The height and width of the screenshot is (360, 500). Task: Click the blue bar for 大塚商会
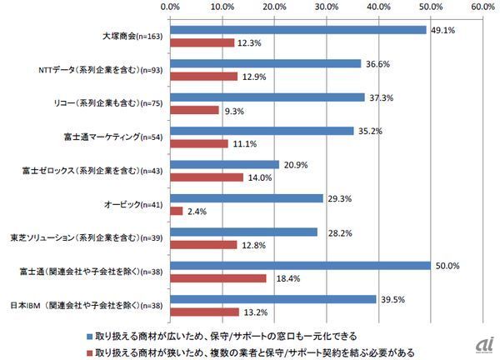[297, 30]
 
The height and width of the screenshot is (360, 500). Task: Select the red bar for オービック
[176, 212]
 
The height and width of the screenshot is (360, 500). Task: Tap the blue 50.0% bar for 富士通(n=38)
[300, 265]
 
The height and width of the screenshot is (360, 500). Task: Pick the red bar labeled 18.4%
[218, 278]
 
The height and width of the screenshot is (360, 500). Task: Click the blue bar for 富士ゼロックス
[225, 164]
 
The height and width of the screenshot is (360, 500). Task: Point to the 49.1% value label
[442, 30]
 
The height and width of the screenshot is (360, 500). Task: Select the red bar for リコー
[194, 110]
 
